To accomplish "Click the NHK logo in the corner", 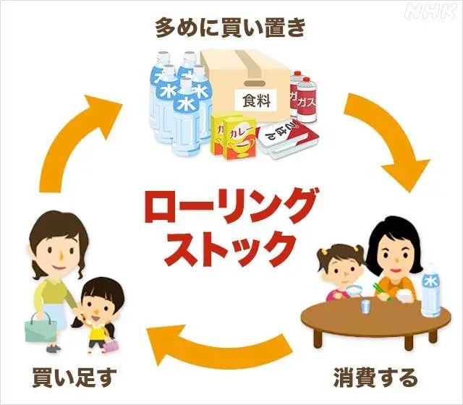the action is pyautogui.click(x=430, y=12).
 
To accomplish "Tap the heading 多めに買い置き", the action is pyautogui.click(x=230, y=27).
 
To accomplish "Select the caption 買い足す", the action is pyautogui.click(x=74, y=377).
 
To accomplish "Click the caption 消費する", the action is pyautogui.click(x=375, y=377).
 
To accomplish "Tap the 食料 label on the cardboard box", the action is pyautogui.click(x=256, y=101).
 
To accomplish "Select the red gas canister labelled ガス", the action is pyautogui.click(x=307, y=100).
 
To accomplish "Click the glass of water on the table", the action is pyautogui.click(x=366, y=306).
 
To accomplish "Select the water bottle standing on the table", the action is pyautogui.click(x=431, y=293).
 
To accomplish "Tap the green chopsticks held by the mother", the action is pyautogui.click(x=381, y=291).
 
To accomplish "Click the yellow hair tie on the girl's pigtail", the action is pyautogui.click(x=324, y=252).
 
